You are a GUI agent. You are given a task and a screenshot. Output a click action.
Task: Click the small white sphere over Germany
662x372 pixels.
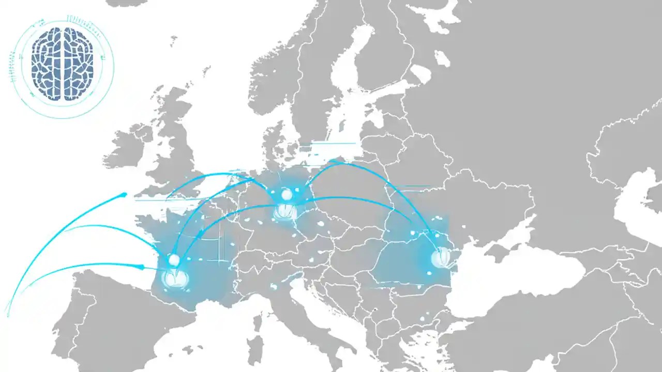coord(287,195)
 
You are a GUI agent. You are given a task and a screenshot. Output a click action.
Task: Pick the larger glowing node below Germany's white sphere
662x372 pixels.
coord(284,211)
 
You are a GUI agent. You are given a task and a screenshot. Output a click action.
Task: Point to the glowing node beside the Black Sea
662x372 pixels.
coord(440,257)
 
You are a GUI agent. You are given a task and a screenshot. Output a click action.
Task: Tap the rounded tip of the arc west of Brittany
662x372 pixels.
coord(124,195)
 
